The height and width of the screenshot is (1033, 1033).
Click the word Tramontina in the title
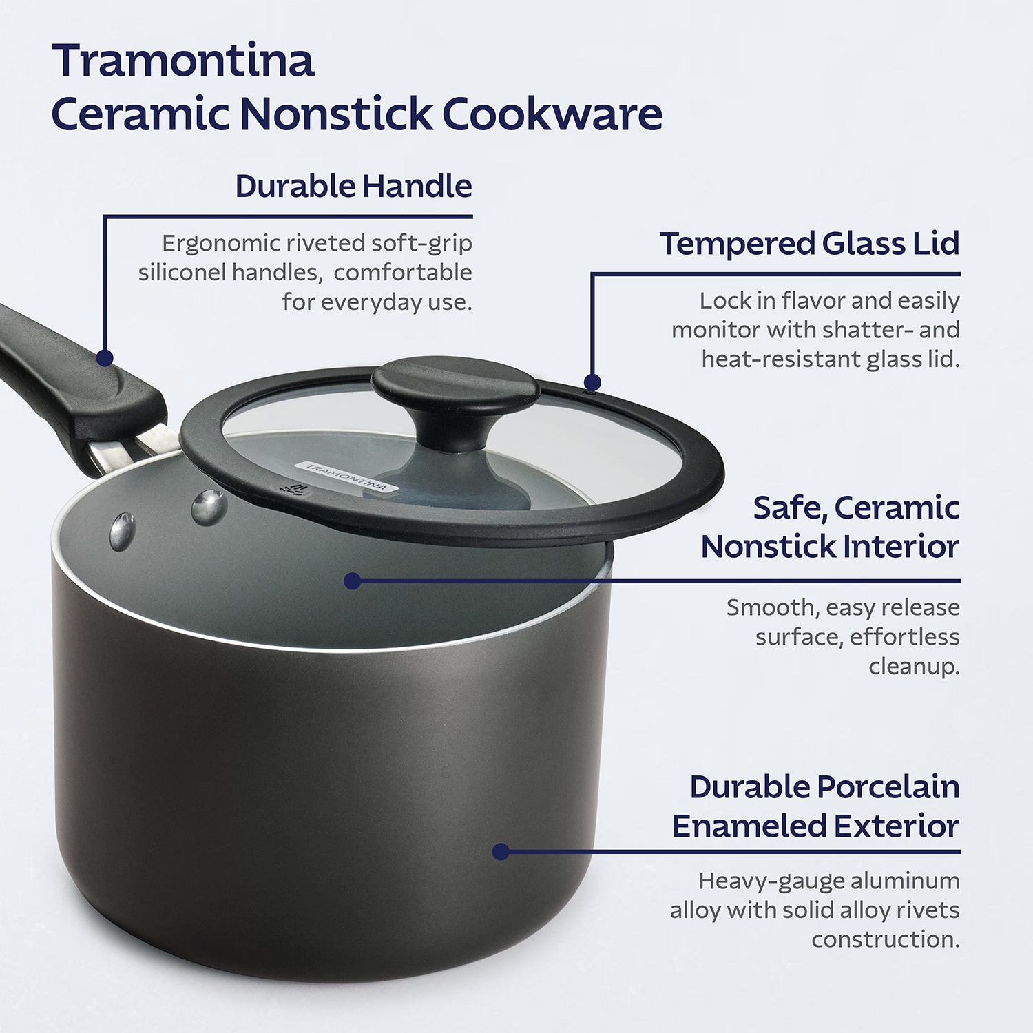(183, 61)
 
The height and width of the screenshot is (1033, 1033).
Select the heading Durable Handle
(353, 186)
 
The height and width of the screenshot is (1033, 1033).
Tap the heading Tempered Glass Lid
(809, 244)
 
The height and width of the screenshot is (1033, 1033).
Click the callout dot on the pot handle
(105, 358)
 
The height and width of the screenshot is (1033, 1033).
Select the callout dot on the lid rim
(592, 382)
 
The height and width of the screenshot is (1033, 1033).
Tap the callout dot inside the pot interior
(353, 581)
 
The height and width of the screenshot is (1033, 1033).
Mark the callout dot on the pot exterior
(501, 852)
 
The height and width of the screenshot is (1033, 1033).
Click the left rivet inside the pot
(122, 532)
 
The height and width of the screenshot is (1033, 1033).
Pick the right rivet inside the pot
(209, 508)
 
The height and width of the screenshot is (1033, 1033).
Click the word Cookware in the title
(552, 114)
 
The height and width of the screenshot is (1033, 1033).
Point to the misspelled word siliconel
(182, 273)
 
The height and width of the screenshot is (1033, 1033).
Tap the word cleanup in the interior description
(912, 667)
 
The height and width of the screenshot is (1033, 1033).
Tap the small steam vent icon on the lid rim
(295, 489)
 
